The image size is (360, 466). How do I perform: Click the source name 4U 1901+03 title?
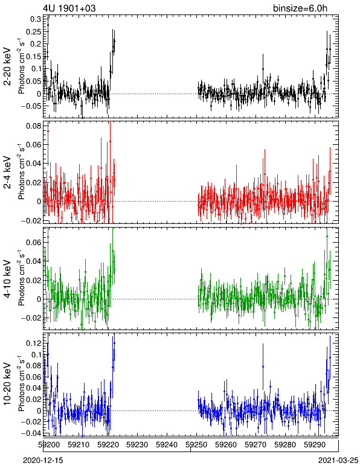69,8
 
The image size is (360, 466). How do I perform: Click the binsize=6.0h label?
300,8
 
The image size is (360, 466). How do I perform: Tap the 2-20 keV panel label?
7,66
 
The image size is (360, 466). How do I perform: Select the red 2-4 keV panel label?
7,173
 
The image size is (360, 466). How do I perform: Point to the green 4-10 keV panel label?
7,279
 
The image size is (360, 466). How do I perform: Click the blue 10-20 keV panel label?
7,384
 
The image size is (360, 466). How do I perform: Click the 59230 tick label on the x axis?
137,445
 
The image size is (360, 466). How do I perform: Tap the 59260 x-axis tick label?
226,445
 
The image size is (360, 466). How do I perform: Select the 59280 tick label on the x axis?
285,445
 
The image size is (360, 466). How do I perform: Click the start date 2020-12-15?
43,461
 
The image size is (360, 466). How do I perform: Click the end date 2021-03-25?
338,461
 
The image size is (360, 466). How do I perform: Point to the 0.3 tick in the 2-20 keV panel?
36,19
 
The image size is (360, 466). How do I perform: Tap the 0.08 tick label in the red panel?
34,126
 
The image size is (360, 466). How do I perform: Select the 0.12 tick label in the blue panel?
34,343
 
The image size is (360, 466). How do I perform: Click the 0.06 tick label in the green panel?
34,242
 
